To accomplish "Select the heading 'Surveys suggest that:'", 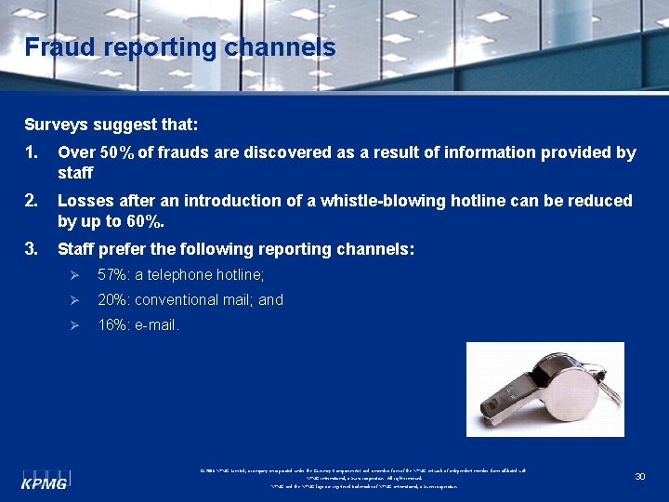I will [111, 124].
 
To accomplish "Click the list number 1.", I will [32, 152].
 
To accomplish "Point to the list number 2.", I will [32, 201].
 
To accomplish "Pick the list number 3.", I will [32, 249].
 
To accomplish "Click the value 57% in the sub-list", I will [113, 274].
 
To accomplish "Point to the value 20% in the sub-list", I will [113, 299].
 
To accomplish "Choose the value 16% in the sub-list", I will [113, 324].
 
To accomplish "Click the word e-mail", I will [157, 324].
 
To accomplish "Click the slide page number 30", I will [639, 476].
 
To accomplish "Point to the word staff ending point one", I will [75, 173].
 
